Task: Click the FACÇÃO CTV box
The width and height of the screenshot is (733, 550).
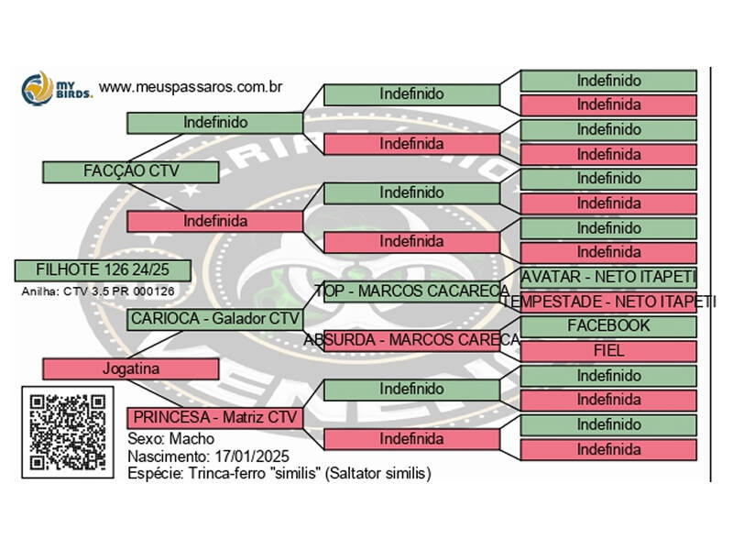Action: (x=130, y=171)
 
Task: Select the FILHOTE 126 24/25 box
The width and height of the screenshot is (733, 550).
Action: (x=103, y=270)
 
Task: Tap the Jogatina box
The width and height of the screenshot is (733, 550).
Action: (x=130, y=368)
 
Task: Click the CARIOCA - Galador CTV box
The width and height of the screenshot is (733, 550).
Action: (x=214, y=319)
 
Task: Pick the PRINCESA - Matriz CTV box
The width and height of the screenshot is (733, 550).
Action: (x=214, y=418)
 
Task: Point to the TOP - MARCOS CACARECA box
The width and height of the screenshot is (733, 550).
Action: (x=412, y=291)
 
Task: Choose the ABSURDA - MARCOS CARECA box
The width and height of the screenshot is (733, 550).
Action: (x=412, y=340)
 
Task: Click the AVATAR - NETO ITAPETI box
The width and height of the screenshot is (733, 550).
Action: (x=608, y=277)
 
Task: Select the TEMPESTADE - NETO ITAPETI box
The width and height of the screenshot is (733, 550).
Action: (x=608, y=302)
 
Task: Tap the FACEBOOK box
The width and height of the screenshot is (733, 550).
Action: (x=608, y=326)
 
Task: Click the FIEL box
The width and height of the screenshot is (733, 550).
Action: (x=608, y=350)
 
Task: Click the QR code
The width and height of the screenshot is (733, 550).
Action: (x=67, y=432)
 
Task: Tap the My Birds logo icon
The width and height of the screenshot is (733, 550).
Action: (x=38, y=88)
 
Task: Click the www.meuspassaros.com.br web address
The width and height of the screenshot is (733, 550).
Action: (x=190, y=87)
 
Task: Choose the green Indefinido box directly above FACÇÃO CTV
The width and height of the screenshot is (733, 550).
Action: (x=214, y=122)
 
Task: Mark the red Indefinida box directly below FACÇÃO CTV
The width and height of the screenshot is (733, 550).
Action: (x=214, y=221)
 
